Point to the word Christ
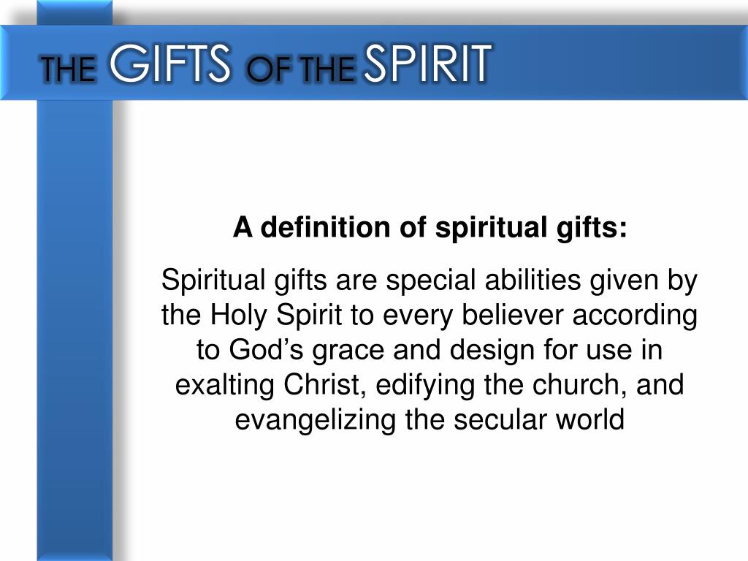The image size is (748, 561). pos(321,384)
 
